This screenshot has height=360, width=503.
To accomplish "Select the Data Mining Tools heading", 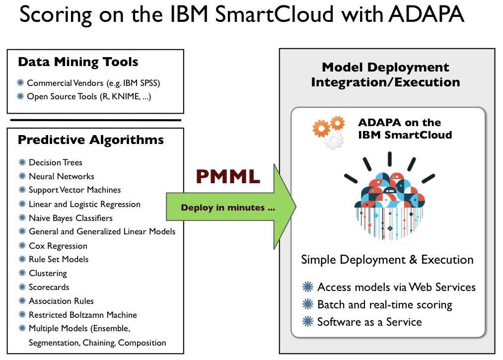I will [x=78, y=62].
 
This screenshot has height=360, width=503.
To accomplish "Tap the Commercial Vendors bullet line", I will [x=93, y=83].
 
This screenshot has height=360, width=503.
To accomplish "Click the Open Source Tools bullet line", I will [x=89, y=96].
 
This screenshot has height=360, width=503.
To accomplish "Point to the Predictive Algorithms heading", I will [x=91, y=140].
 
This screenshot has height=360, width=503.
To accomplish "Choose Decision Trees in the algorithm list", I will [x=56, y=162].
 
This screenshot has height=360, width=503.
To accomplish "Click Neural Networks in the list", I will [x=61, y=176].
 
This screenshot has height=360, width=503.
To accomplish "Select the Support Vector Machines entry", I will [x=74, y=190].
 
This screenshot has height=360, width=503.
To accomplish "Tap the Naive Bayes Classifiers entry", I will [x=71, y=218].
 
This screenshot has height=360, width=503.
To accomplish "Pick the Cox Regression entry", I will [x=58, y=246].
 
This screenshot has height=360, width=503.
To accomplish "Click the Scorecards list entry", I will [x=49, y=287].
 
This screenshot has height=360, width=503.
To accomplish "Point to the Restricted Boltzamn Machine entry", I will [x=82, y=315].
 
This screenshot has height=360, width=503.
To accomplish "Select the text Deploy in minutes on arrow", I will [x=228, y=208].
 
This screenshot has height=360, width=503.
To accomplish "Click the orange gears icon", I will [x=328, y=132].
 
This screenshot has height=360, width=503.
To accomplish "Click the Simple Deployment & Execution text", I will [x=387, y=260].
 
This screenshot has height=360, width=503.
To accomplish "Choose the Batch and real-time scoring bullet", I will [x=384, y=304].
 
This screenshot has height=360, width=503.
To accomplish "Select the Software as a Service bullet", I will [x=369, y=322].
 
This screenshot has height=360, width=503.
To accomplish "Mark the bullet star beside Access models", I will [x=308, y=287].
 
